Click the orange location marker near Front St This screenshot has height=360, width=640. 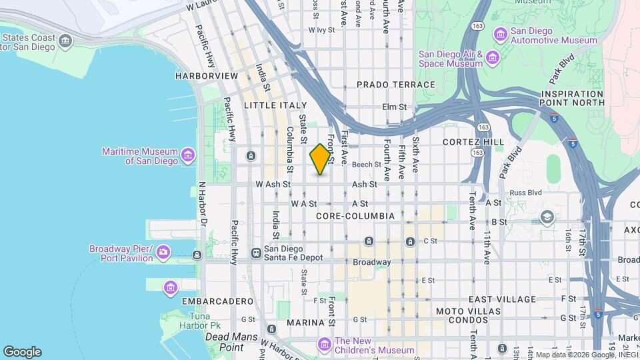pyautogui.click(x=321, y=159)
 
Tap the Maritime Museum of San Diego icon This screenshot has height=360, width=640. pyautogui.click(x=188, y=156)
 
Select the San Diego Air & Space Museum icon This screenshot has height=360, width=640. pyautogui.click(x=493, y=59)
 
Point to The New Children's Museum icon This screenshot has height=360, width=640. pyautogui.click(x=325, y=345)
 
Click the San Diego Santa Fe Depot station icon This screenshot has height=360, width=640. pyautogui.click(x=255, y=253)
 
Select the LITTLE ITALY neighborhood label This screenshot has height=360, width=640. pyautogui.click(x=275, y=105)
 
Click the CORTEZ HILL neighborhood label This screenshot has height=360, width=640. pyautogui.click(x=473, y=142)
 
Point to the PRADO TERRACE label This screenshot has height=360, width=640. pyautogui.click(x=395, y=85)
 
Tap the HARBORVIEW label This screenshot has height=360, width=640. pyautogui.click(x=206, y=76)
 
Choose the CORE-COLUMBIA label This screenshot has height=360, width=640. pyautogui.click(x=355, y=216)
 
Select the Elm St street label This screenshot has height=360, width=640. pyautogui.click(x=394, y=107)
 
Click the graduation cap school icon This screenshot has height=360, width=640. pyautogui.click(x=547, y=217)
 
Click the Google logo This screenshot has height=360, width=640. pyautogui.click(x=22, y=352)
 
